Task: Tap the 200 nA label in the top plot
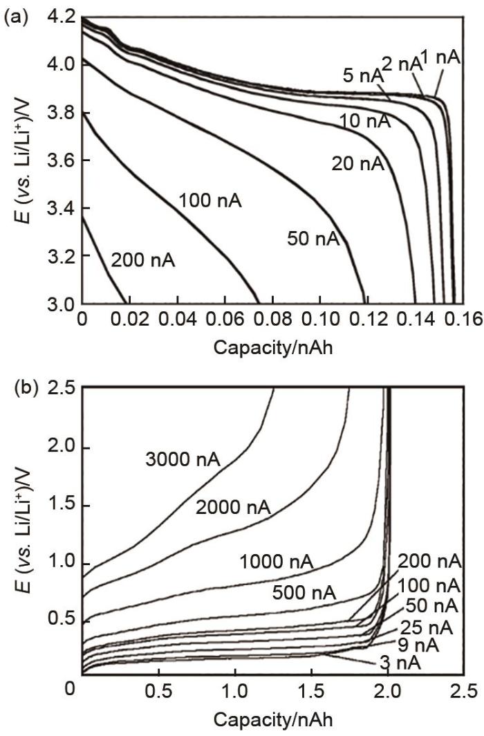[143, 261]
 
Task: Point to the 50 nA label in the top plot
[314, 239]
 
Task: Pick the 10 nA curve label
[365, 122]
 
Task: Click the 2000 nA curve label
[233, 508]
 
